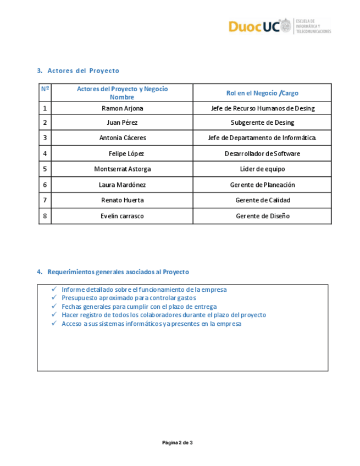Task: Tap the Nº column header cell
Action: (x=45, y=89)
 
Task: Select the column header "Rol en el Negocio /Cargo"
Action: (x=262, y=93)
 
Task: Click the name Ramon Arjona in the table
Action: (x=122, y=108)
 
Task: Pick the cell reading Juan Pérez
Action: (x=122, y=123)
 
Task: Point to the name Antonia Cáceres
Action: (x=122, y=138)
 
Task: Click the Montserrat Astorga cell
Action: (x=122, y=169)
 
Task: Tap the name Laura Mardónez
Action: (x=122, y=185)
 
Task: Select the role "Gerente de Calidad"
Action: (x=262, y=201)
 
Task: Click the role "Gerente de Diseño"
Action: (x=262, y=216)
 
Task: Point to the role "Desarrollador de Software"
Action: (x=262, y=154)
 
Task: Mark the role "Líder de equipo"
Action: (x=262, y=169)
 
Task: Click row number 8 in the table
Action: (x=45, y=216)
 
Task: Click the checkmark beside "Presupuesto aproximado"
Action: (x=54, y=298)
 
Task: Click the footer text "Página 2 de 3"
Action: (x=177, y=442)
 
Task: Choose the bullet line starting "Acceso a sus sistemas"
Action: (x=151, y=324)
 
